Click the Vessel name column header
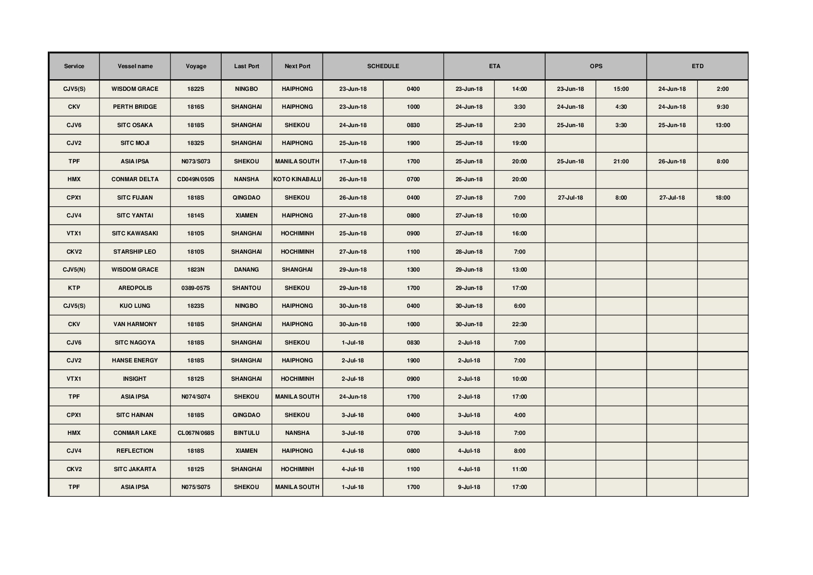(x=135, y=66)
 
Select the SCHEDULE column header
(x=383, y=66)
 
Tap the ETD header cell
(x=697, y=66)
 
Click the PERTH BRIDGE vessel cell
(x=135, y=107)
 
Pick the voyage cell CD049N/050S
(x=196, y=179)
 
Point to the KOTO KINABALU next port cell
(x=297, y=179)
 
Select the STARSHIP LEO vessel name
(x=135, y=252)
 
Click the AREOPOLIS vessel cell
(x=135, y=288)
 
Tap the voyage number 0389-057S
(x=196, y=288)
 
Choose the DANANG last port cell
(x=246, y=270)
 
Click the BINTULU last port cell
(x=246, y=433)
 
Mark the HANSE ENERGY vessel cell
(x=135, y=360)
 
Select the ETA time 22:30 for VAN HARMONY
(x=519, y=324)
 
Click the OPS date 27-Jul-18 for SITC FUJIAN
(x=570, y=198)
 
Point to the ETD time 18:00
(x=722, y=198)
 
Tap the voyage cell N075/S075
(x=196, y=487)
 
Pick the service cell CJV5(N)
(x=74, y=270)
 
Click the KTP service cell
(x=74, y=288)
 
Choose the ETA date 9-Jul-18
(x=469, y=487)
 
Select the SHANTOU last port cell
(x=246, y=288)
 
